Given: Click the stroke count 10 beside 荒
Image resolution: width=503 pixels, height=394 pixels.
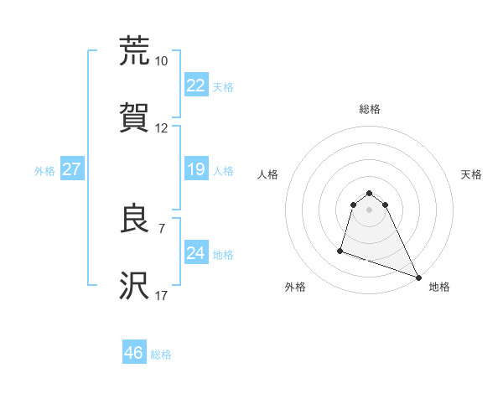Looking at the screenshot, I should point(162,61).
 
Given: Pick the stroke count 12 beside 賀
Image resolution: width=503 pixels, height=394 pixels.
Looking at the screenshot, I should point(162,128).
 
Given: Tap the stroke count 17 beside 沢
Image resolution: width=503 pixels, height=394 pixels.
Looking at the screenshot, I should point(162,296).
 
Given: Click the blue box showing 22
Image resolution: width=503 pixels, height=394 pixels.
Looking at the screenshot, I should point(195,85).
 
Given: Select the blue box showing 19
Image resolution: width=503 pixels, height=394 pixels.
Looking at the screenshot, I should point(195,169).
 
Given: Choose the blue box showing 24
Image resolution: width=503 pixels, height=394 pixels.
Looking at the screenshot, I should point(195,253).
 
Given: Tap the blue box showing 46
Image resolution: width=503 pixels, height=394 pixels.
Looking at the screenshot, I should point(134,353).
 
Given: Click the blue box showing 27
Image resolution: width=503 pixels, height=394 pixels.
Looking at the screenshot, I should point(71,169).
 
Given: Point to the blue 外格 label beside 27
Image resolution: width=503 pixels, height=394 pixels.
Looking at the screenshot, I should point(44,170).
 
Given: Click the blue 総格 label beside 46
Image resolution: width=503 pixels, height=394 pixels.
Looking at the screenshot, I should point(162,355).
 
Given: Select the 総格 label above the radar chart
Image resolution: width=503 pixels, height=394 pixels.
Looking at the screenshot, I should point(370,109).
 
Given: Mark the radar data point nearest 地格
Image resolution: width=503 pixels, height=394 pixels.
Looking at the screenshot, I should point(417,277).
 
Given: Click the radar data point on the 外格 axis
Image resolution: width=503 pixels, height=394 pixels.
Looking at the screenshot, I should point(340,250).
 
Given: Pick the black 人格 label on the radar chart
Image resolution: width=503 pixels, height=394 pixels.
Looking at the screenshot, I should point(267,174).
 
